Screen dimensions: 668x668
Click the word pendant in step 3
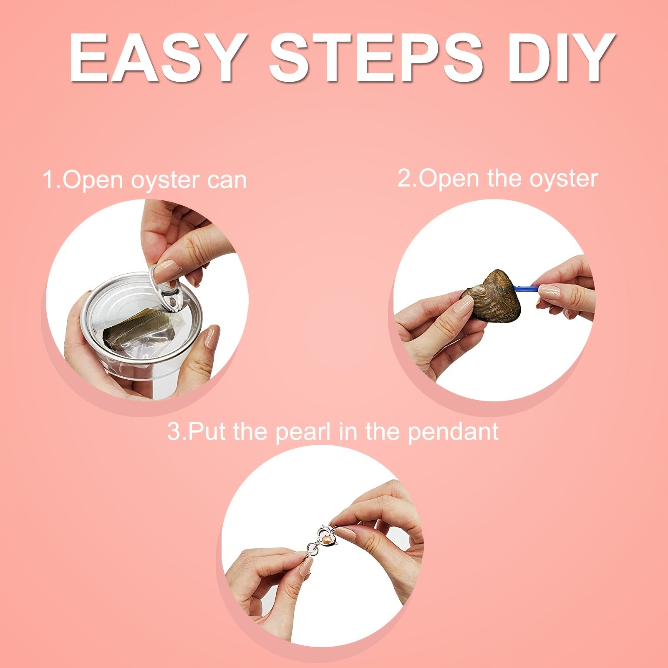453,432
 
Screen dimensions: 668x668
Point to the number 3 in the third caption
174,431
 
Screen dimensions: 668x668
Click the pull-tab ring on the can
167,286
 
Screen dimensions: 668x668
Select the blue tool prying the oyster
527,288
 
